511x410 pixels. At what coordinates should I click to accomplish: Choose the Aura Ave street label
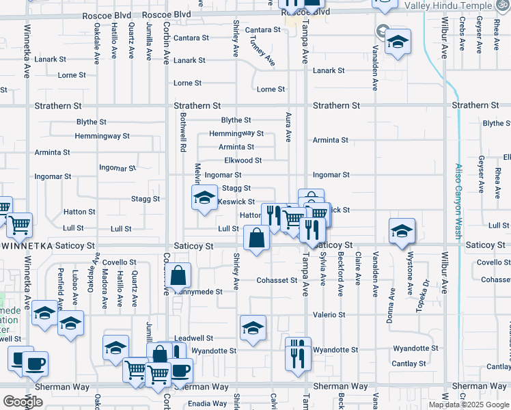pos(288,127)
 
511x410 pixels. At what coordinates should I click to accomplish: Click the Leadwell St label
pos(194,338)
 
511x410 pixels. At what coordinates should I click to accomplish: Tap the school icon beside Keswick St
pos(202,198)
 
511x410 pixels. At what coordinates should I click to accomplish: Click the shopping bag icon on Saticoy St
pos(256,238)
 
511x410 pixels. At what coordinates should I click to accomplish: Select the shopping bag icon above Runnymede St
pos(178,276)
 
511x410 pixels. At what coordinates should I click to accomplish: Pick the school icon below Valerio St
pos(253,327)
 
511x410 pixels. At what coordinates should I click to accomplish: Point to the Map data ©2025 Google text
pos(469,405)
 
